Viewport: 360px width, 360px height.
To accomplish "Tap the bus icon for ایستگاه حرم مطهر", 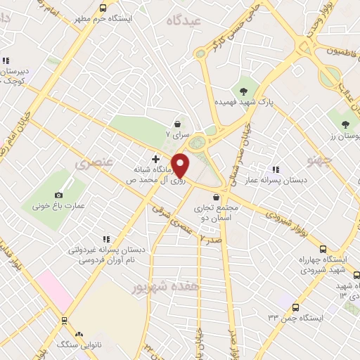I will tap(103, 8).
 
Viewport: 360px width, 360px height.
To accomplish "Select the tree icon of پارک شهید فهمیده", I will tap(243, 91).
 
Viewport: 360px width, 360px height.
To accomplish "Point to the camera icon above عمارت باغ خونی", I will tap(58, 195).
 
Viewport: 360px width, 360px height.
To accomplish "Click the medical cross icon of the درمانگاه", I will tap(155, 159).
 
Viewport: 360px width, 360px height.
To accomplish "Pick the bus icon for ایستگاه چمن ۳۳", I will tap(295, 307).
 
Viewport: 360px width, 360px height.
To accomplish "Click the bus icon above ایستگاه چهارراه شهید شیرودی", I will tap(323, 248).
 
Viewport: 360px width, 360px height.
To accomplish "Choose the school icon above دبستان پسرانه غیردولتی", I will tap(106, 239).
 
